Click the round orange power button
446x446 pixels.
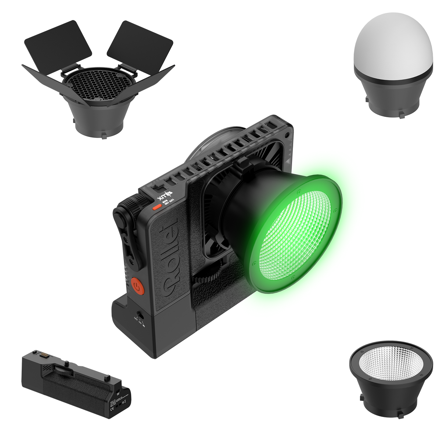[136, 285]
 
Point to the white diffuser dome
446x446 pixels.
[393, 44]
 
